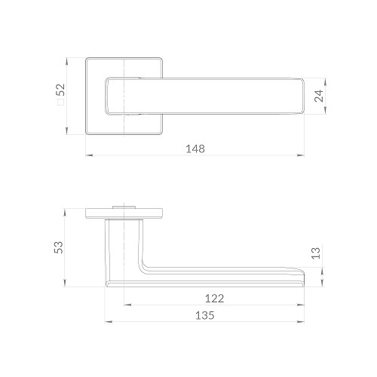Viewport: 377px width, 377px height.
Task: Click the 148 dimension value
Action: coord(195,149)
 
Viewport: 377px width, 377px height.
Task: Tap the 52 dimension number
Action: coord(61,90)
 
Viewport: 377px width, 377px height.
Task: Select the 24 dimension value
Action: coord(319,96)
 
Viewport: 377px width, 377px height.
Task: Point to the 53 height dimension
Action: coord(59,247)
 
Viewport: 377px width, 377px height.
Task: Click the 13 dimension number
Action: coord(316,253)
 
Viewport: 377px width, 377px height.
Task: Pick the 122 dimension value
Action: coord(214,299)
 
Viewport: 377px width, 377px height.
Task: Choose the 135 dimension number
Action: coord(205,315)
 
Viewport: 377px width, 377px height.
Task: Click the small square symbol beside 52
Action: coord(61,102)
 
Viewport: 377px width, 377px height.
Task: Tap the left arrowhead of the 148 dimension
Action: coord(89,155)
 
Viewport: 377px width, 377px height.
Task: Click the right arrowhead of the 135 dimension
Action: coord(301,322)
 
